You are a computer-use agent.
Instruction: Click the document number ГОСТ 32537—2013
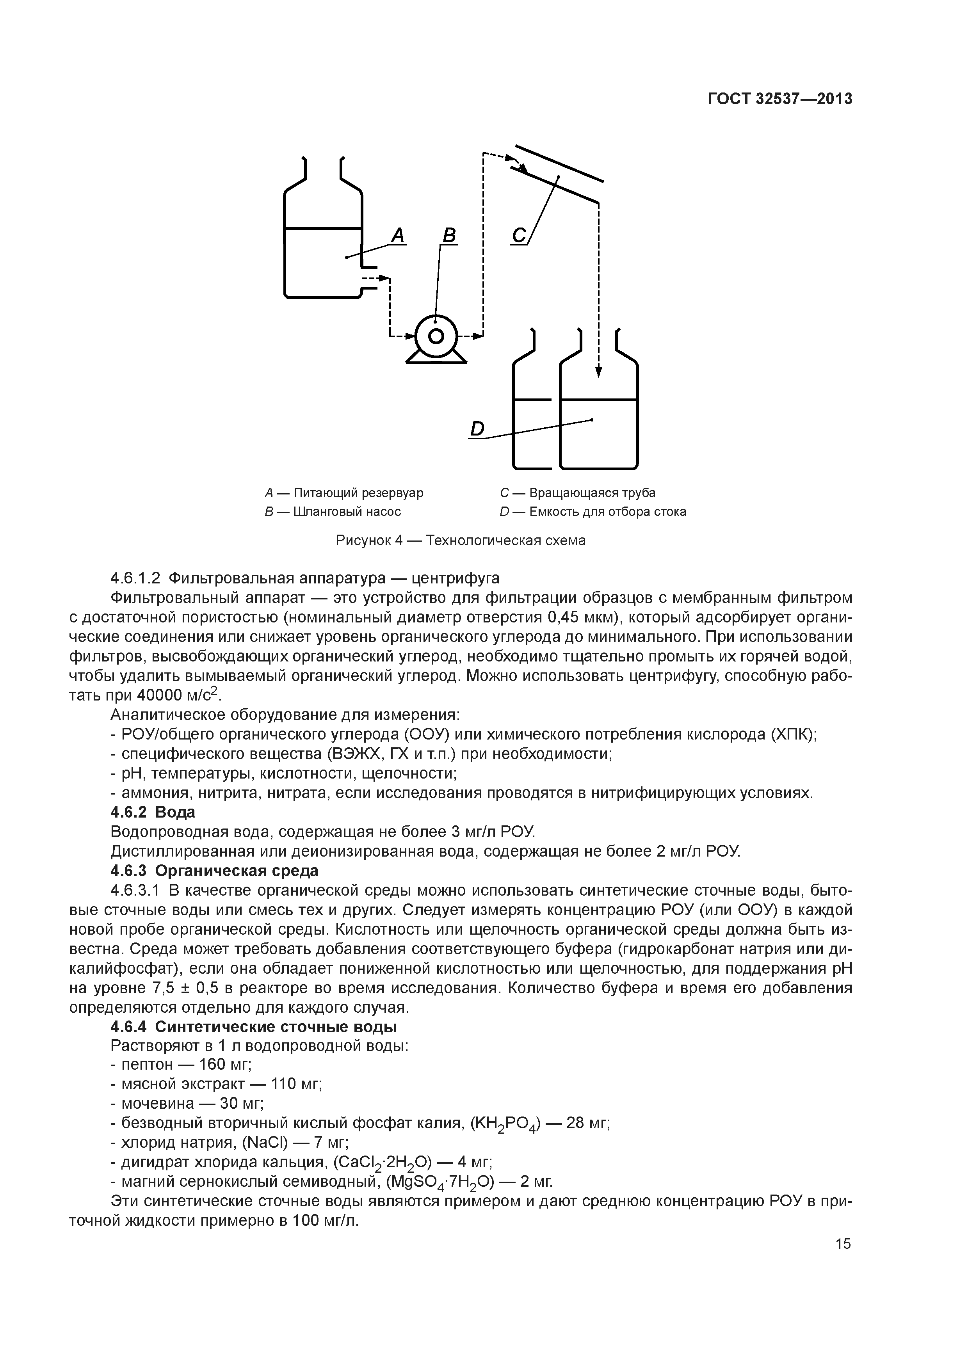point(779,99)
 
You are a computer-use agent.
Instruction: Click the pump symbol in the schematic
point(436,338)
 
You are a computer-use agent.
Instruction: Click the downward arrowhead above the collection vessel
point(598,372)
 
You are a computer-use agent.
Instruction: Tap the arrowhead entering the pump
point(410,336)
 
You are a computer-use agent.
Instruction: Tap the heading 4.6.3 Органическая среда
point(215,871)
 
